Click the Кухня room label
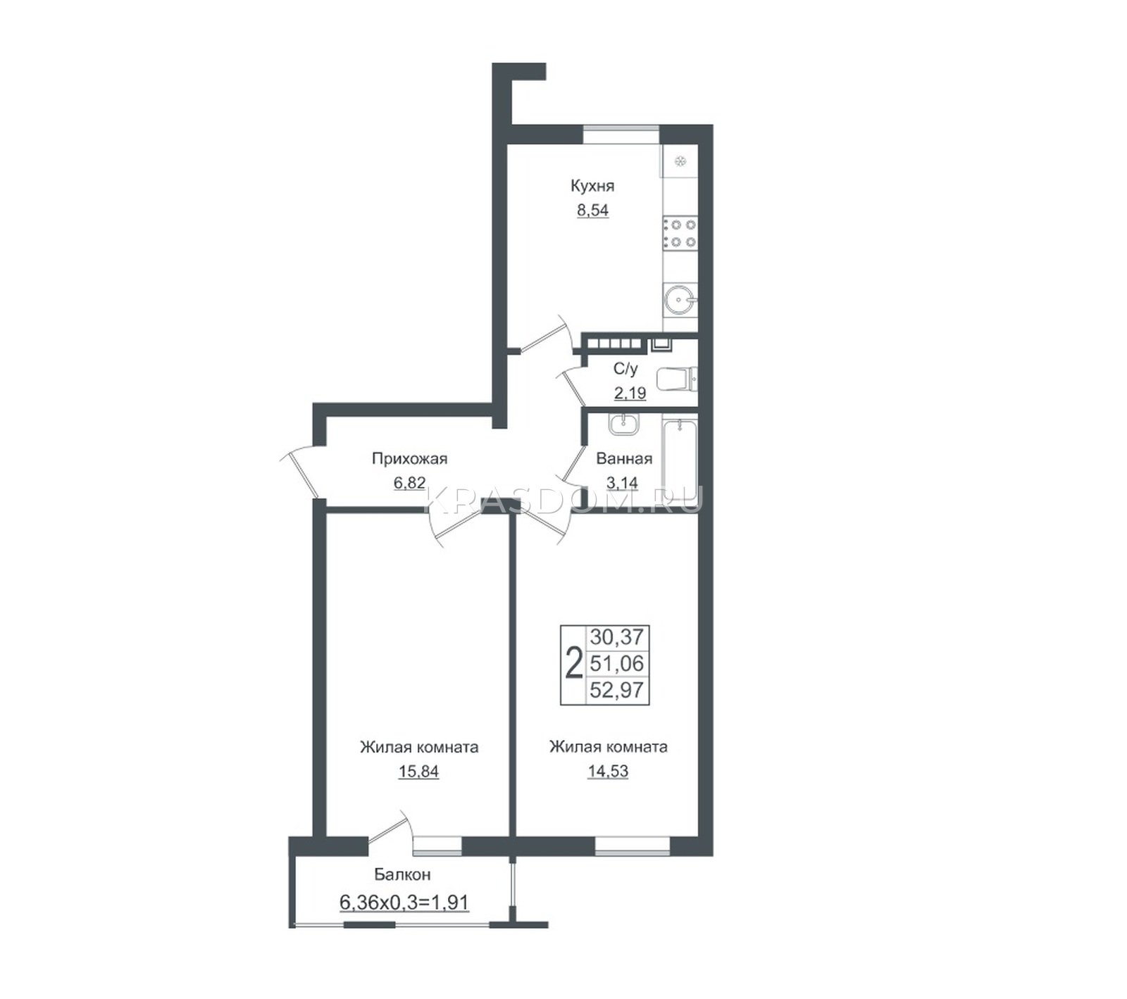pos(592,186)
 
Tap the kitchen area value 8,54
pos(592,210)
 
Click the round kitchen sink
pos(680,301)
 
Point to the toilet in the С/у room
pos(676,379)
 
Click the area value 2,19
pos(630,393)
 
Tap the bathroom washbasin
pos(623,424)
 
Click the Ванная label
pos(624,459)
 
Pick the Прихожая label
pos(409,459)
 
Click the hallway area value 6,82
pos(409,483)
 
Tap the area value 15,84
pos(418,772)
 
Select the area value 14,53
pos(608,772)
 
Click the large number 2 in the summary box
pos(574,664)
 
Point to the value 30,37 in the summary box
pos(617,637)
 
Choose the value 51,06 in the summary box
pos(617,663)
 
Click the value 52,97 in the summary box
pos(617,690)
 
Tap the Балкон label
pos(402,875)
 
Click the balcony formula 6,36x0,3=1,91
pos(404,902)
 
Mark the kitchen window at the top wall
pos(621,134)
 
